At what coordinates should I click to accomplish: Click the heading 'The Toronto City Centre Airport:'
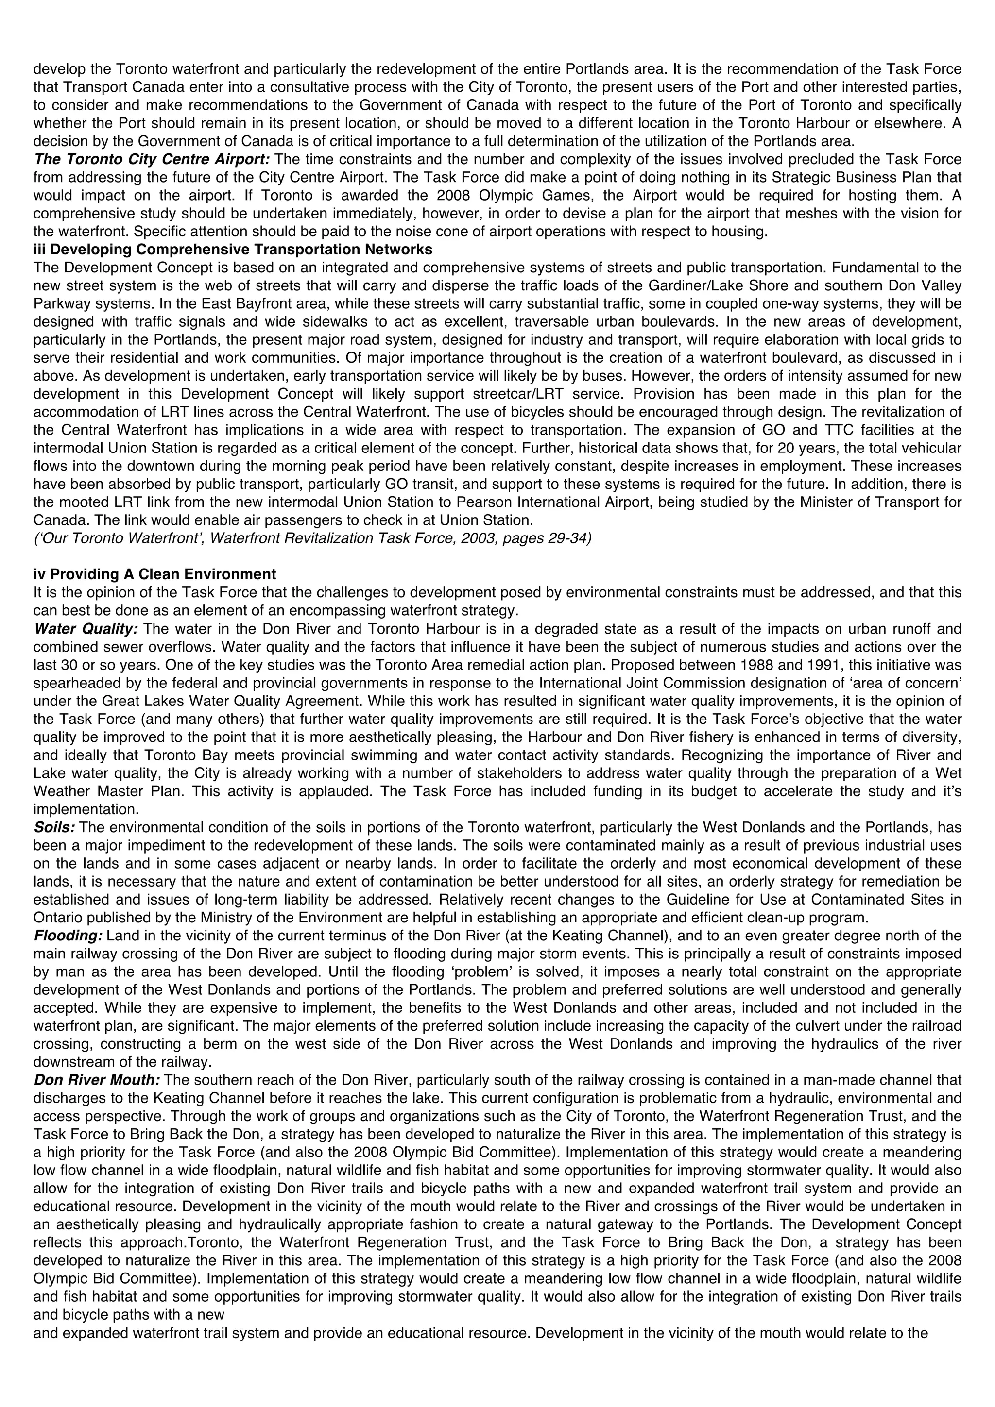[x=152, y=160]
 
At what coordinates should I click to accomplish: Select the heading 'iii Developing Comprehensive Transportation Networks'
[x=233, y=250]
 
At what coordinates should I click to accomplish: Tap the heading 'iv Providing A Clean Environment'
[x=154, y=574]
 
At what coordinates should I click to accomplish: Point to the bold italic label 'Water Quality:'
[x=86, y=629]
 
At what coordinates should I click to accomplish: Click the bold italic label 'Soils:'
[x=54, y=827]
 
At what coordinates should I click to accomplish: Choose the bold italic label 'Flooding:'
[x=68, y=936]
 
